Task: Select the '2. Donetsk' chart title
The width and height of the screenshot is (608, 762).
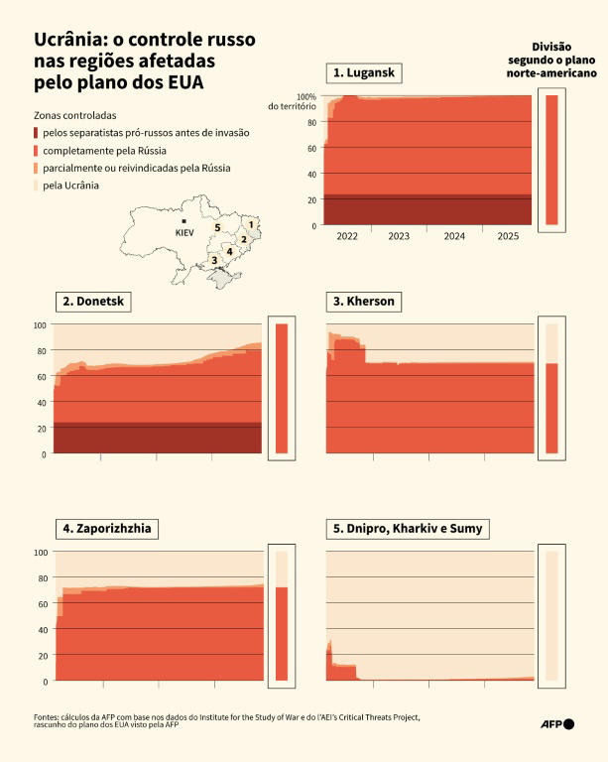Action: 94,302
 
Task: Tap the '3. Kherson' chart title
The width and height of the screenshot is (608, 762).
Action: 366,302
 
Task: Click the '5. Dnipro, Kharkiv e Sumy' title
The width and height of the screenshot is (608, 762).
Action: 408,529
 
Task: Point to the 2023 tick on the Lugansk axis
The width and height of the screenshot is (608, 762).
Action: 399,236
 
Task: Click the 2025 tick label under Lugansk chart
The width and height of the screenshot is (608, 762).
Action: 507,236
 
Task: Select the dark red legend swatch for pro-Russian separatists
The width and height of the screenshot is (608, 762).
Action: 37,133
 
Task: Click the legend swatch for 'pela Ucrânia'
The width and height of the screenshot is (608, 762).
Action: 37,186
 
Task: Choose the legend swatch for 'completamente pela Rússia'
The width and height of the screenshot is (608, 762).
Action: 37,151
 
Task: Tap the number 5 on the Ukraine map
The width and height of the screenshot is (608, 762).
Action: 217,227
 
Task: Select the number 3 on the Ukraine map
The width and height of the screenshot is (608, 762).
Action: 213,261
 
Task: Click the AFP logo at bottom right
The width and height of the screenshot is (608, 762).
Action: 557,723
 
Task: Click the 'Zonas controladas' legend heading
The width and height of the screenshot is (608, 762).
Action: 75,115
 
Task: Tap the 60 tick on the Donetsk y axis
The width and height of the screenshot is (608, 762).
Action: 41,377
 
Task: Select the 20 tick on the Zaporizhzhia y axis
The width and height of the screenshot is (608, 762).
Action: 41,656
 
